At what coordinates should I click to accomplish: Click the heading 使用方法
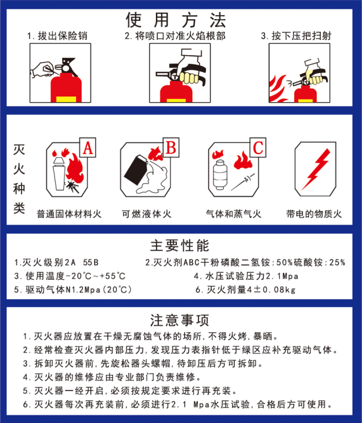(176, 20)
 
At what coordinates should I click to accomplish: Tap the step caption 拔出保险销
(62, 36)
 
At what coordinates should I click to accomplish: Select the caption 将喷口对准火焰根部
(180, 36)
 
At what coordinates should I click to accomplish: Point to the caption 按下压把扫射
(301, 36)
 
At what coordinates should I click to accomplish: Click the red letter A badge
(87, 148)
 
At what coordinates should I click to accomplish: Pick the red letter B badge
(171, 147)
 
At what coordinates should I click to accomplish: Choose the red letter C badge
(258, 147)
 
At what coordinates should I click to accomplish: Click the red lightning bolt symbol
(315, 169)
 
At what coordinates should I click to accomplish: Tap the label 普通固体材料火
(69, 214)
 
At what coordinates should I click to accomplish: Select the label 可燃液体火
(146, 214)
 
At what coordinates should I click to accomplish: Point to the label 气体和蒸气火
(233, 214)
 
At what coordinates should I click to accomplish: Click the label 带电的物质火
(314, 214)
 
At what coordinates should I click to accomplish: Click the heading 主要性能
(179, 245)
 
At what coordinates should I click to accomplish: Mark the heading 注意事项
(179, 320)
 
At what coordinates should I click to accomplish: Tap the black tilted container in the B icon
(136, 170)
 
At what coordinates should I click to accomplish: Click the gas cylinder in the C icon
(220, 174)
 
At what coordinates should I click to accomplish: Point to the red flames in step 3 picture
(278, 89)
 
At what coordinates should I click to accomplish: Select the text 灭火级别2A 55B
(60, 262)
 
